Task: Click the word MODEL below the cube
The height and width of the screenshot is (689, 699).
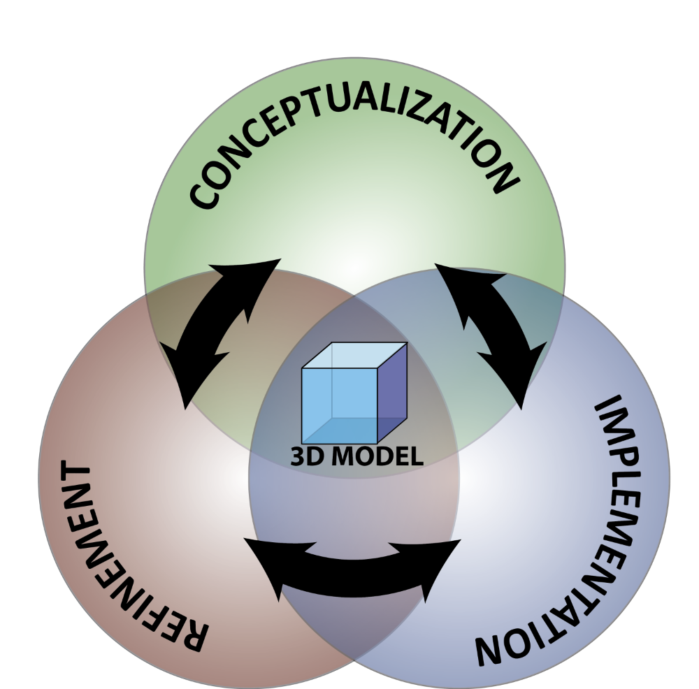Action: click(x=378, y=457)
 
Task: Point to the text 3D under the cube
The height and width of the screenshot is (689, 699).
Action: click(x=305, y=457)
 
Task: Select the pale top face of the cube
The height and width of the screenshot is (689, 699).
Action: click(x=354, y=355)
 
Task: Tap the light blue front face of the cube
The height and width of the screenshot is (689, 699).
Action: click(x=339, y=405)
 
